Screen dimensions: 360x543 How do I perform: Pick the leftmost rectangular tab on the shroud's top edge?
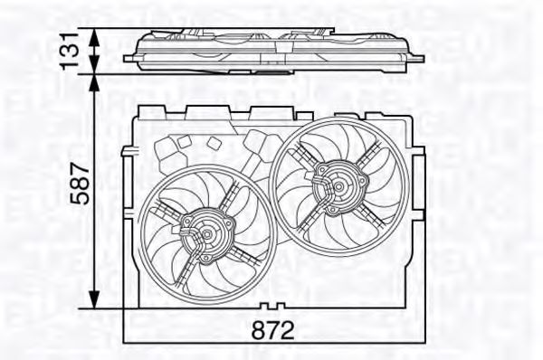(147, 111)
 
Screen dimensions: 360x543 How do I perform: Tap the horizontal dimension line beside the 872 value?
(199, 341)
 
